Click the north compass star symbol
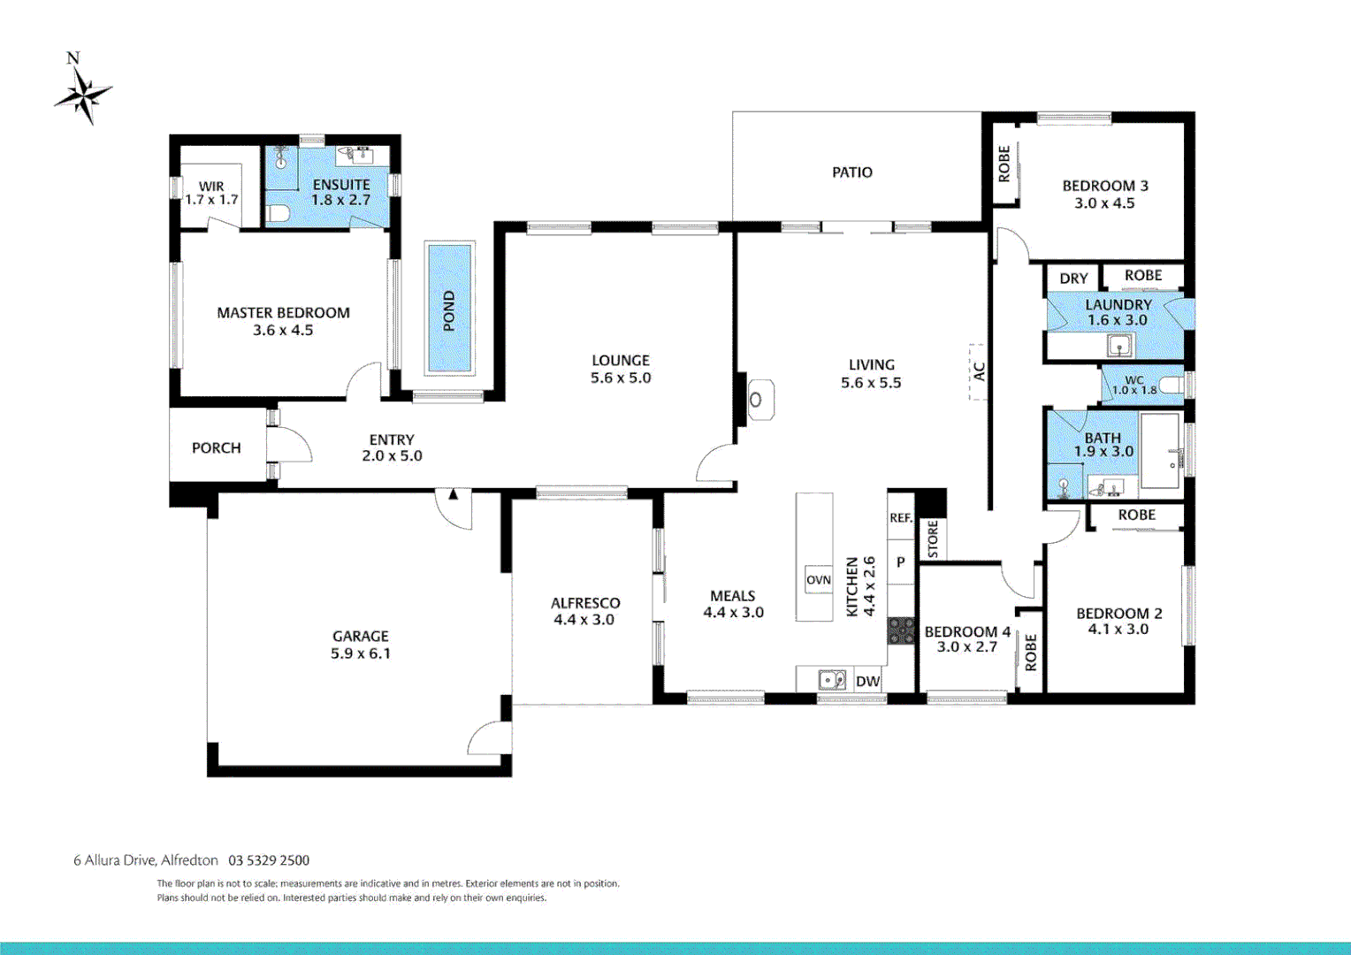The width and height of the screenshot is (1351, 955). coord(84,95)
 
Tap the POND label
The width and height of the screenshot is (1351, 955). coord(449,310)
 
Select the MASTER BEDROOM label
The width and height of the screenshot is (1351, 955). coord(283,313)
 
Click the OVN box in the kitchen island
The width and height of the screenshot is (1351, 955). coord(818,580)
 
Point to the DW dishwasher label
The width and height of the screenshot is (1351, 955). coord(867,681)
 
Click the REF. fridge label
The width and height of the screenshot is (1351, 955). coord(901,518)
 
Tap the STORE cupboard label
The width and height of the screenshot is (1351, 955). coord(933,539)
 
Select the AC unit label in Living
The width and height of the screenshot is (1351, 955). coord(979,371)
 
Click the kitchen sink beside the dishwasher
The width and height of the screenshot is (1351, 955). coord(831,680)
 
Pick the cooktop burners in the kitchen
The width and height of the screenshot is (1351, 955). coord(901,630)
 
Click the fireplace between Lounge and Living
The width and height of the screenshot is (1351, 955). coord(756,400)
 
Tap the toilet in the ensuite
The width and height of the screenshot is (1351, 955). coord(279,213)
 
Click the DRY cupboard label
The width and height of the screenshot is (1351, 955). coord(1073,279)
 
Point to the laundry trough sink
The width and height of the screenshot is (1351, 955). coord(1119,345)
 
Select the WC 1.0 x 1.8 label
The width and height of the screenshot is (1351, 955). coord(1134,386)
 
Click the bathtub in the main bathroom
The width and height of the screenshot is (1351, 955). coord(1160,451)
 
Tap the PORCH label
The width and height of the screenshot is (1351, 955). coord(216,448)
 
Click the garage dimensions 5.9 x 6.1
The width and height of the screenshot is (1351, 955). coord(360,653)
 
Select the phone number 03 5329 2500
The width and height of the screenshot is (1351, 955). coord(269,860)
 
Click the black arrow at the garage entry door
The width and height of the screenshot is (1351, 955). coord(453,494)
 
